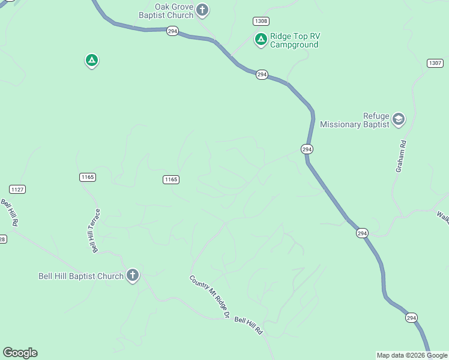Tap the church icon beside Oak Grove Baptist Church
tap(202, 10)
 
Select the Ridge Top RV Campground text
tap(295, 40)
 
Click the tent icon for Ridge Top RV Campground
tap(261, 40)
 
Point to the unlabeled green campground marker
tap(91, 60)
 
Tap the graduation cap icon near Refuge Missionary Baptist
tap(399, 119)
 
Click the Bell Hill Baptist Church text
tap(80, 276)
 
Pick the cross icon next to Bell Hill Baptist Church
tap(133, 275)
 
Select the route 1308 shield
tap(261, 21)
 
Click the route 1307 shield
tap(435, 63)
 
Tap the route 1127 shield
tap(18, 189)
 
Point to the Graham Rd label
tap(401, 157)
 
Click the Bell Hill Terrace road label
tap(94, 231)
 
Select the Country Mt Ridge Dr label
tap(210, 296)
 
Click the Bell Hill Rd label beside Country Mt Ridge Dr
tap(249, 326)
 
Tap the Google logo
tap(20, 353)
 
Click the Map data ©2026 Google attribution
tap(412, 355)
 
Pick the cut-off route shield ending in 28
tap(2, 239)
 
